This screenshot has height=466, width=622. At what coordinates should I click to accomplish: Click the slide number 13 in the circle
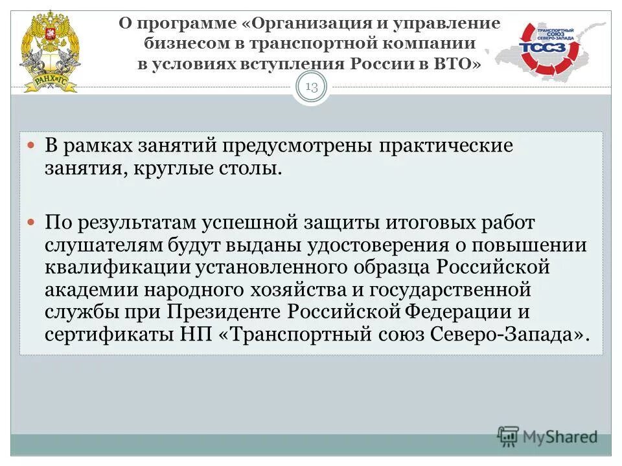[312, 88]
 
